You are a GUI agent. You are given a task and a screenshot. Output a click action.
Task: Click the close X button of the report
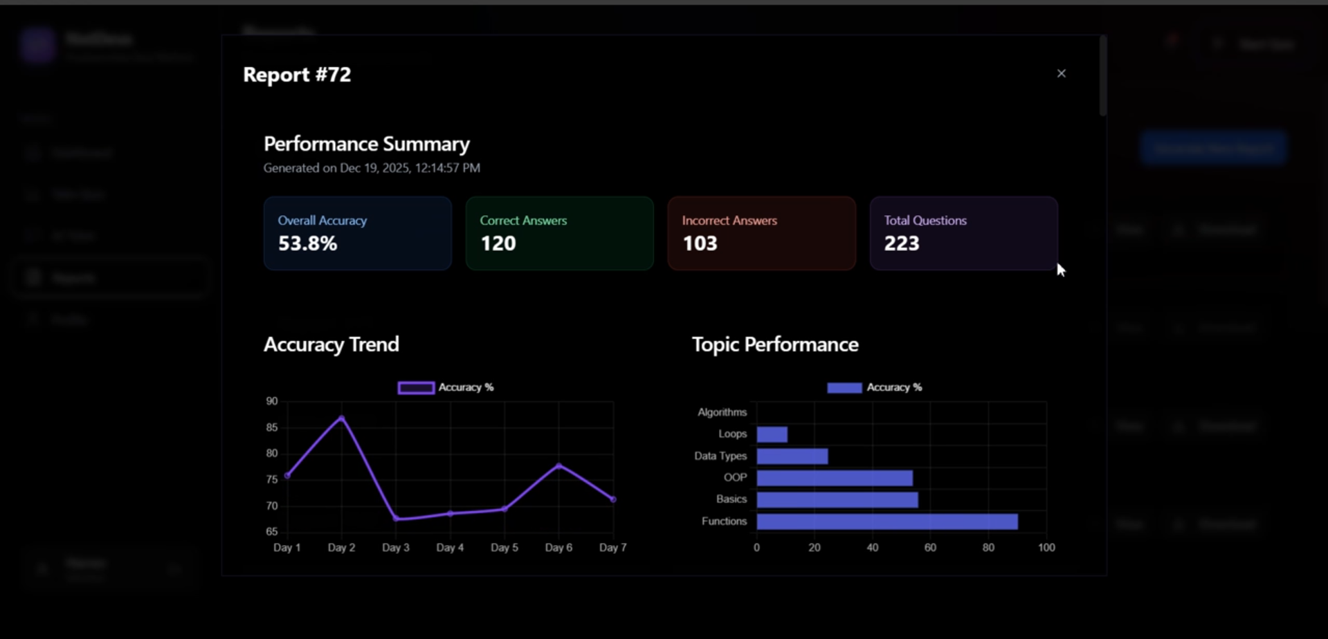(x=1061, y=73)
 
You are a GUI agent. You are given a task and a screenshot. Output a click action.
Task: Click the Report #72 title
(x=297, y=75)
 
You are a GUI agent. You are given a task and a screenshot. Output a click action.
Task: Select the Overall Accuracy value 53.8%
(x=307, y=243)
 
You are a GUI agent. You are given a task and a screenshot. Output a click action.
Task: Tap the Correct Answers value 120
(x=498, y=243)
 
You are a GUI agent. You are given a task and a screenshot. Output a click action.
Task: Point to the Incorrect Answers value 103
(x=700, y=243)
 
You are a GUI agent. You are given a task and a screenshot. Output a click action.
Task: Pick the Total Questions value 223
(x=902, y=243)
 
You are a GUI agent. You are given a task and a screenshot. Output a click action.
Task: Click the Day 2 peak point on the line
(x=341, y=418)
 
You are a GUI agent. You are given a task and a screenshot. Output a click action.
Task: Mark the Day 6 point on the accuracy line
(x=559, y=466)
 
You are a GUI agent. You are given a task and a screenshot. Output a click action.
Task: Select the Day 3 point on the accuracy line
(x=396, y=519)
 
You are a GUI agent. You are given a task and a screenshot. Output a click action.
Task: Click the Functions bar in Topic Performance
(x=886, y=521)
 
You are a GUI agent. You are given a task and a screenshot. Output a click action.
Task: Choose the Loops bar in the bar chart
(x=772, y=434)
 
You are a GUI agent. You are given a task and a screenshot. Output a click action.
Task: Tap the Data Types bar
(x=792, y=456)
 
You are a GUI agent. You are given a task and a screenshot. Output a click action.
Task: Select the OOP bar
(x=834, y=478)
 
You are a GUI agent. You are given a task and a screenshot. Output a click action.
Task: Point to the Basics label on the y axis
(x=731, y=499)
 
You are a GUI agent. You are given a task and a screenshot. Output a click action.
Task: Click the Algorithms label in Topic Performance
(x=722, y=412)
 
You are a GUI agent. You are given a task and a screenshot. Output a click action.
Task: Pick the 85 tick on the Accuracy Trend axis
(x=272, y=427)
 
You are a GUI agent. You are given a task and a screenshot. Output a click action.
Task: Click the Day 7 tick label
(x=612, y=548)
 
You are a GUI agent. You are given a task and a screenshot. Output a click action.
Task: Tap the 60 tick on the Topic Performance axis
(x=930, y=548)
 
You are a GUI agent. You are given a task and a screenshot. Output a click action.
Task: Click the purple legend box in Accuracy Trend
(x=416, y=388)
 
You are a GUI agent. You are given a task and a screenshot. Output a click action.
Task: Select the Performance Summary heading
(x=366, y=144)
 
